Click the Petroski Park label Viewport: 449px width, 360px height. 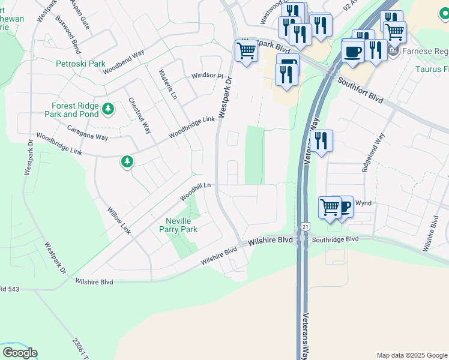(x=80, y=64)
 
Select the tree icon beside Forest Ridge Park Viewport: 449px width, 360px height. (x=107, y=109)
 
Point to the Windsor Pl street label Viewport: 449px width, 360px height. (x=207, y=76)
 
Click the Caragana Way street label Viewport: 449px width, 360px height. (x=88, y=137)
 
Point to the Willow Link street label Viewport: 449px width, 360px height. (x=118, y=220)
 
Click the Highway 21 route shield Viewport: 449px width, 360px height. (x=305, y=226)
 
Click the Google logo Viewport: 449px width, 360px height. (x=20, y=353)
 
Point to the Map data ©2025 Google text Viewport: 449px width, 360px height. (x=411, y=355)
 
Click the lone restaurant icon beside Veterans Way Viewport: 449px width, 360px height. (x=322, y=142)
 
